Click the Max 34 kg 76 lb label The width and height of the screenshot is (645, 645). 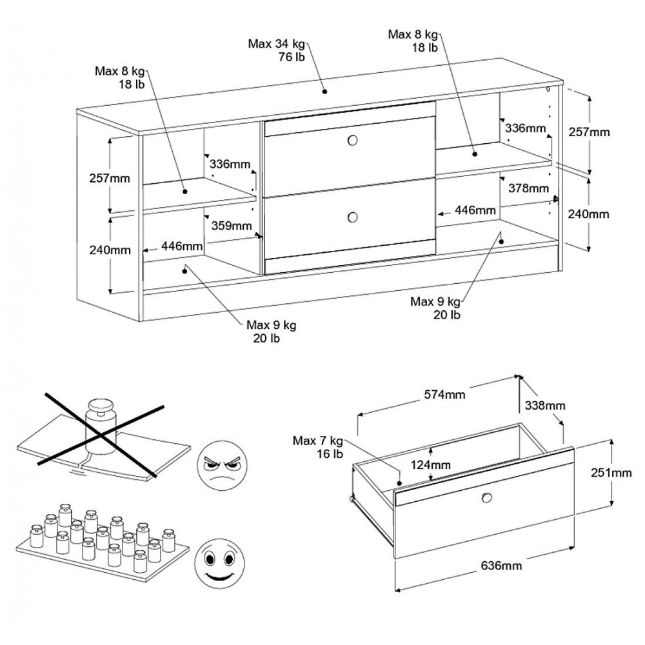pos(278,50)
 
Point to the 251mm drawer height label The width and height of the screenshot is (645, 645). pos(611,473)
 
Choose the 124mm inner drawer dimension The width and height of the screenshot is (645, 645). pos(430,464)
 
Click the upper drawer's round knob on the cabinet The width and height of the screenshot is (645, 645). pos(352,141)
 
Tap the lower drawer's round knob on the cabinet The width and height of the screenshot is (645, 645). pos(352,217)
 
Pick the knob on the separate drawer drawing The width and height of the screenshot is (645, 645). pos(485,497)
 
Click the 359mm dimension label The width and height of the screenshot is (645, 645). pos(232,226)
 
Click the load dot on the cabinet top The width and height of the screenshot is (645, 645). pos(326,91)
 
